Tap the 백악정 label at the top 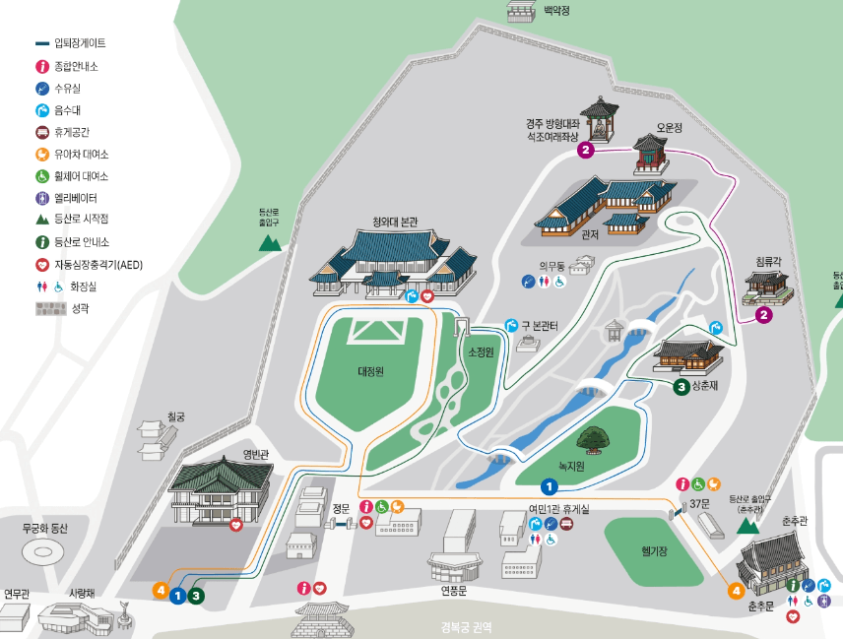point(556,11)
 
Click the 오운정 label point(670,128)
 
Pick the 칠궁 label point(175,416)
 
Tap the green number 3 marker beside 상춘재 point(681,387)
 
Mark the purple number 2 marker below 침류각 point(763,315)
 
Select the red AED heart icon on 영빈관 point(236,526)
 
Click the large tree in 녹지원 point(593,437)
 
